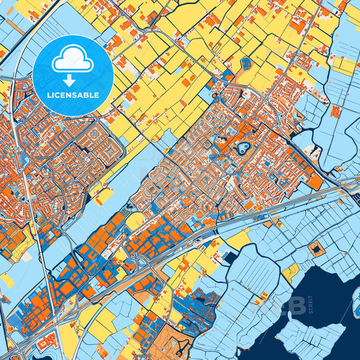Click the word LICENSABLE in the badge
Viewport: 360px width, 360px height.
[73, 95]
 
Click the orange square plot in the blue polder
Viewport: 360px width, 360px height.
[316, 251]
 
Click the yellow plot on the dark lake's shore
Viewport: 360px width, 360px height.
[291, 272]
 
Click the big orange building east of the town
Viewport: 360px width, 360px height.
[314, 182]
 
